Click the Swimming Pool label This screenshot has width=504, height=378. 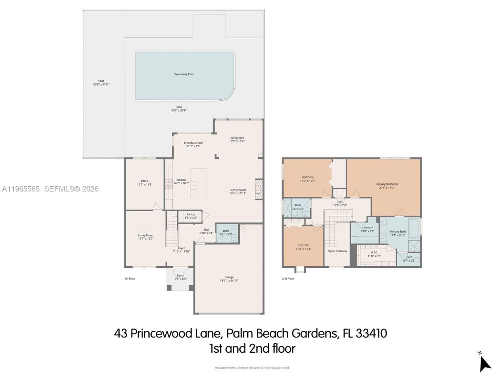pyautogui.click(x=184, y=74)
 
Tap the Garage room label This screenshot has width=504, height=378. pyautogui.click(x=229, y=277)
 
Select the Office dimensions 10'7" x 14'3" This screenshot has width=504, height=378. pyautogui.click(x=145, y=185)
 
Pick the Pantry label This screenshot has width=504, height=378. pyautogui.click(x=191, y=215)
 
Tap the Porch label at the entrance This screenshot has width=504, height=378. pyautogui.click(x=180, y=275)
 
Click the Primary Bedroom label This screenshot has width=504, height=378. pyautogui.click(x=386, y=184)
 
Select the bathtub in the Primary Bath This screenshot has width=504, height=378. pyautogui.click(x=414, y=228)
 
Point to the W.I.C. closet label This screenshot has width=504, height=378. pyautogui.click(x=374, y=252)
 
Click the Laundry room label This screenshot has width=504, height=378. pyautogui.click(x=367, y=228)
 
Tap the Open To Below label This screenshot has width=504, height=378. pyautogui.click(x=337, y=251)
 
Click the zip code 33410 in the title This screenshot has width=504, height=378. pyautogui.click(x=371, y=334)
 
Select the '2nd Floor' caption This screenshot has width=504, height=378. pyautogui.click(x=288, y=278)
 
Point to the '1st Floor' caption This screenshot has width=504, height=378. pyautogui.click(x=130, y=278)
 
